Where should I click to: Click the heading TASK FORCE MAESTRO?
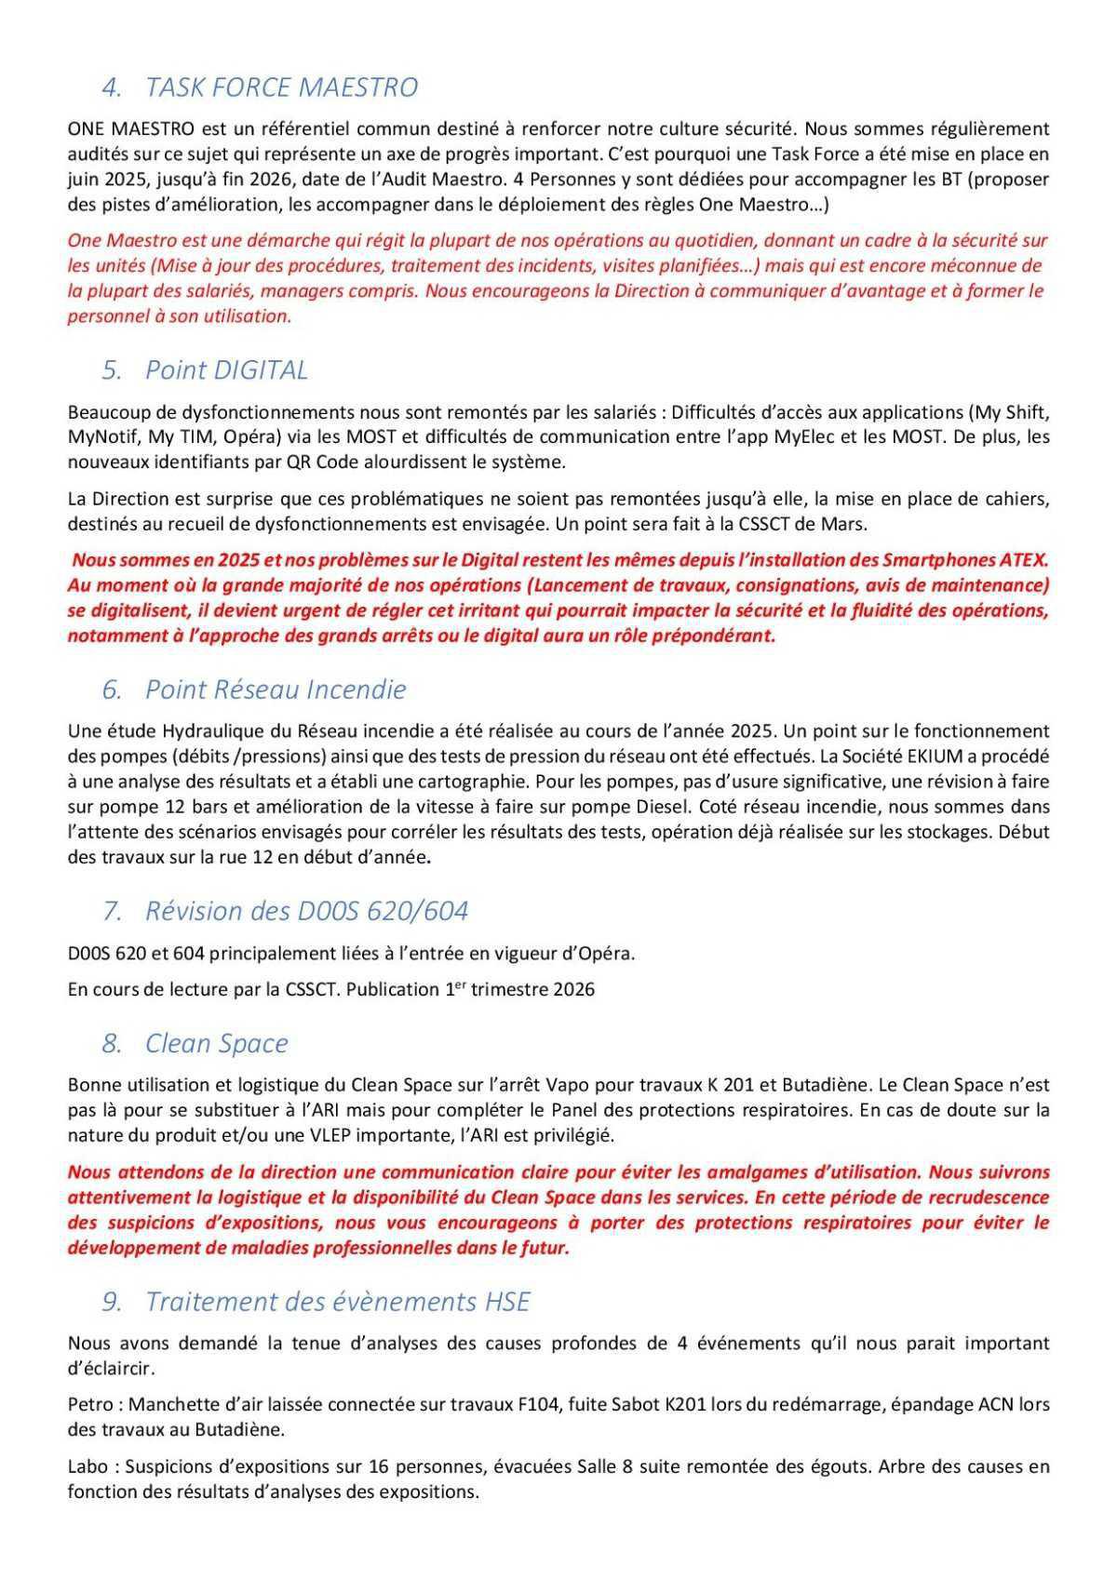(x=281, y=87)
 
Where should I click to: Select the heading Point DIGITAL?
(x=226, y=370)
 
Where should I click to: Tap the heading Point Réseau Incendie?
(x=276, y=689)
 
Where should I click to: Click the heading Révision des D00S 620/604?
(x=306, y=911)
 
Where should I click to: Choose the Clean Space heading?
(x=216, y=1044)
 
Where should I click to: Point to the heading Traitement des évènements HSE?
(x=337, y=1302)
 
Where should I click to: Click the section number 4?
(x=112, y=87)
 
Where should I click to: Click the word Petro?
(x=90, y=1404)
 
